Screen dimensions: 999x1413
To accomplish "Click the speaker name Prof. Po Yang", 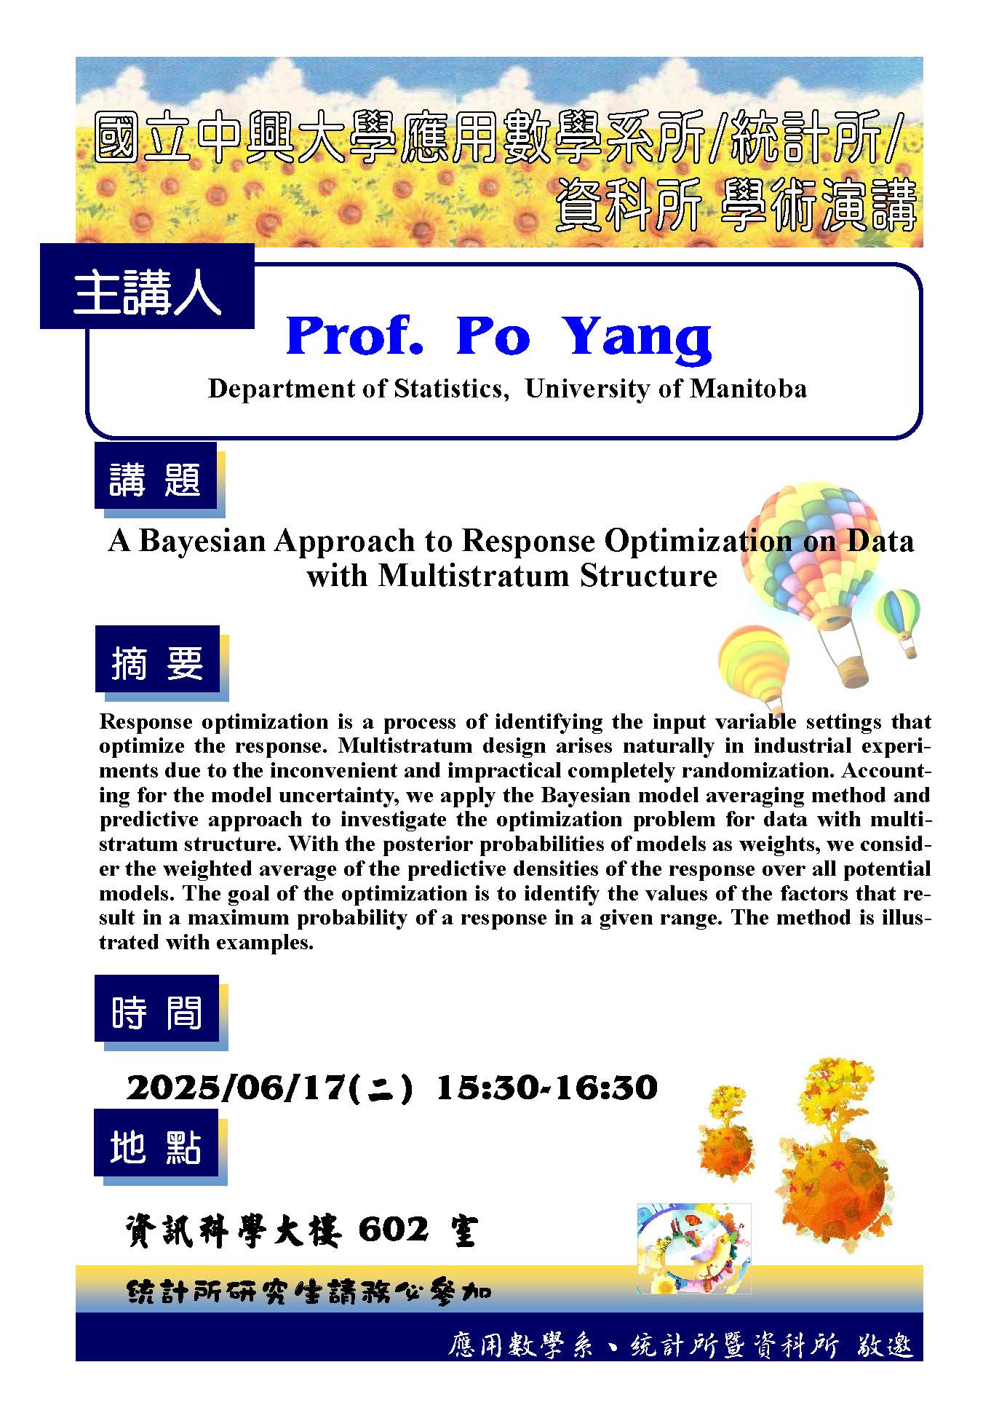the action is (x=499, y=336).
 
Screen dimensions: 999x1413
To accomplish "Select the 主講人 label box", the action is (x=147, y=286).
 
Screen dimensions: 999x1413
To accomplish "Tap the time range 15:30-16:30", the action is (x=546, y=1088).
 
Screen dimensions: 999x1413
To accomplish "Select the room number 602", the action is (x=394, y=1231).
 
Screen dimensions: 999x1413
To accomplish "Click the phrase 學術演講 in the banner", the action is (x=818, y=207).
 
